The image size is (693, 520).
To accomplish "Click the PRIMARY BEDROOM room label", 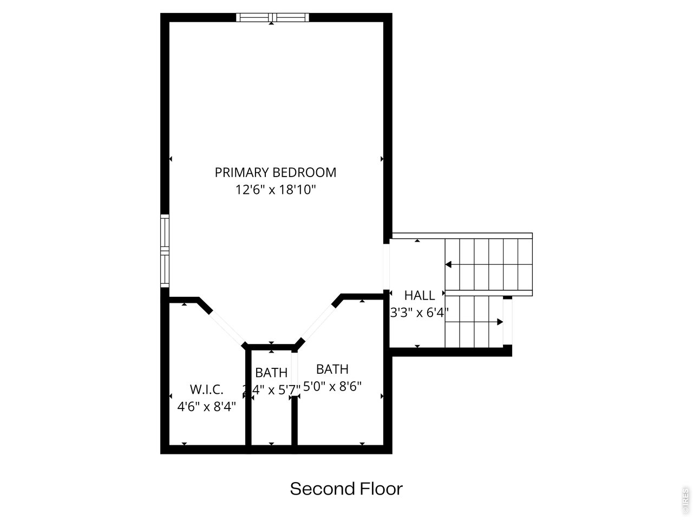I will [275, 172].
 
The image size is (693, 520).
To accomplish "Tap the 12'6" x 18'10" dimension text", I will [275, 190].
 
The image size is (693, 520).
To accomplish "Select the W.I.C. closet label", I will [206, 389].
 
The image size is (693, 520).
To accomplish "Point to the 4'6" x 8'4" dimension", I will [206, 406].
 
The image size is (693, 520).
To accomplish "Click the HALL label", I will [419, 295].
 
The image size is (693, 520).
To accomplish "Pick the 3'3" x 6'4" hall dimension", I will [419, 313].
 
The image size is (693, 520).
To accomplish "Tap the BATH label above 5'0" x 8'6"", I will [332, 369].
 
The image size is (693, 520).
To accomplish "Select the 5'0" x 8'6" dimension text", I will [332, 386].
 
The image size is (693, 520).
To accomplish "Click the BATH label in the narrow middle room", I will [271, 373].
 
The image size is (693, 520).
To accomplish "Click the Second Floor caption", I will [346, 489].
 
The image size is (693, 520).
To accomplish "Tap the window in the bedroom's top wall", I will [272, 17].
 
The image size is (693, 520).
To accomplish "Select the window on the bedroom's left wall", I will [165, 251].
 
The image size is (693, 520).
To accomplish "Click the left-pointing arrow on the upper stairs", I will [449, 265].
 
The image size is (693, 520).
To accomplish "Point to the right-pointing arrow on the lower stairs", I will [499, 322].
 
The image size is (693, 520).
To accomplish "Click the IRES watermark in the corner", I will [685, 501].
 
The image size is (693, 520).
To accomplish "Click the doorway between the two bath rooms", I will [295, 373].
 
